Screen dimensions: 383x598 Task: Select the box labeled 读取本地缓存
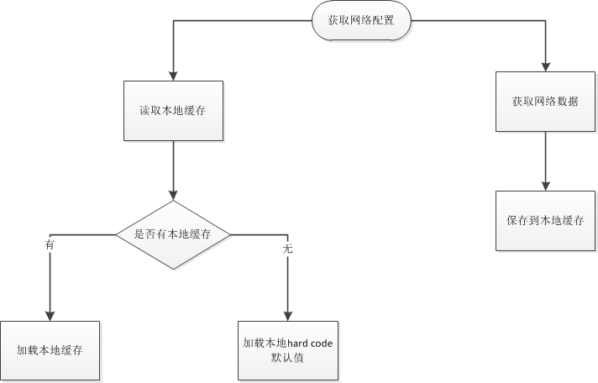coord(173,111)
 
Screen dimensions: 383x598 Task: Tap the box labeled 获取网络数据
coord(545,101)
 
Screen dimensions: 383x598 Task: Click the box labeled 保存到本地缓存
coord(545,220)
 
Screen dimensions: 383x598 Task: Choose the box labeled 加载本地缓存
coord(50,349)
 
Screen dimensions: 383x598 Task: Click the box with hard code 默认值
coord(288,350)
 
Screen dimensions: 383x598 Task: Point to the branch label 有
coord(49,244)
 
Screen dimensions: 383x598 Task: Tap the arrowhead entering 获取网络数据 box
coord(545,66)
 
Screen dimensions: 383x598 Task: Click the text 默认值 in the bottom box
coord(288,358)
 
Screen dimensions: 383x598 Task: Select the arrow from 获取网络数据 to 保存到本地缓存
coord(545,160)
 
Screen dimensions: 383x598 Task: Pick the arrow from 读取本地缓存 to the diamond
coord(173,168)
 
